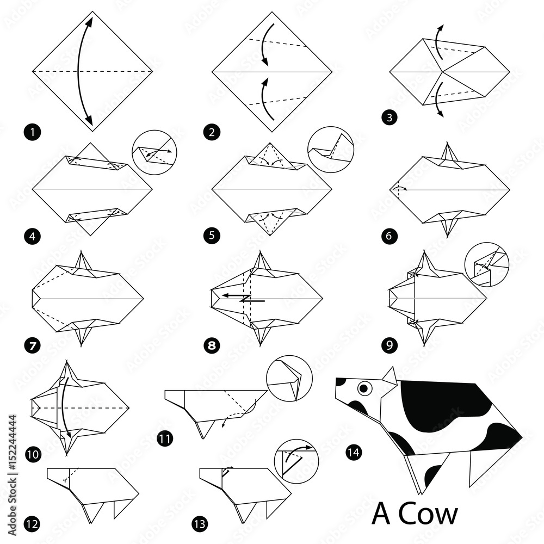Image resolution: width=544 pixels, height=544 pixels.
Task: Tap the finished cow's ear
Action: [x=390, y=375]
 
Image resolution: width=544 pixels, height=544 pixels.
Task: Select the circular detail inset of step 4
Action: [x=153, y=152]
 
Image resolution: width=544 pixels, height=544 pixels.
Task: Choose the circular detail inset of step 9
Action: [x=486, y=264]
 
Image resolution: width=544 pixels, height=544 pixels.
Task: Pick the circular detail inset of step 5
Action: [x=330, y=149]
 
